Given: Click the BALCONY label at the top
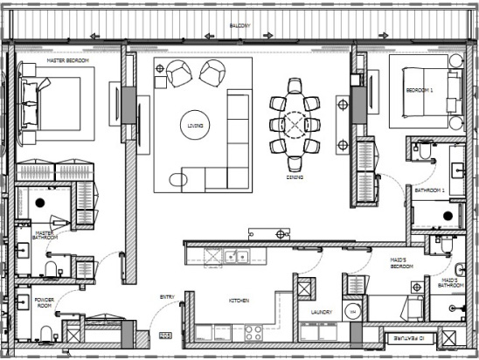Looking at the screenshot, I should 239,26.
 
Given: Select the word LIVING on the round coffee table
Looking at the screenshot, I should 196,126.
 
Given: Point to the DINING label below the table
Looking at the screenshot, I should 295,177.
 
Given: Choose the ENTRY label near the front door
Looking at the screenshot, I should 167,297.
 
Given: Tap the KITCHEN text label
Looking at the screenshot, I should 239,301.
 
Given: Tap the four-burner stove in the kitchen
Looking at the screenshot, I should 253,332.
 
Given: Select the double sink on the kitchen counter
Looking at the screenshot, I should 233,257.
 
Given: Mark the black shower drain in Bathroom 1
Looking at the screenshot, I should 448,215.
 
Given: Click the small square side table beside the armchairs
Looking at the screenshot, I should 160,82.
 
